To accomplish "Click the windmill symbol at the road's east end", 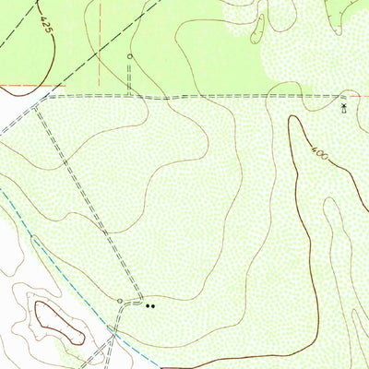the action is (344, 107).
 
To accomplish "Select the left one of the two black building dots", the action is (147, 304).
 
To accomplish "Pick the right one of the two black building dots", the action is (153, 304).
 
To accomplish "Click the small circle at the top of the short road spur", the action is (129, 56).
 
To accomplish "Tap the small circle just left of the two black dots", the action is (120, 301).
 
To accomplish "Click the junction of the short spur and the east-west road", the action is (129, 95).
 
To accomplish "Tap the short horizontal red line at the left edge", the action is (18, 86).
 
